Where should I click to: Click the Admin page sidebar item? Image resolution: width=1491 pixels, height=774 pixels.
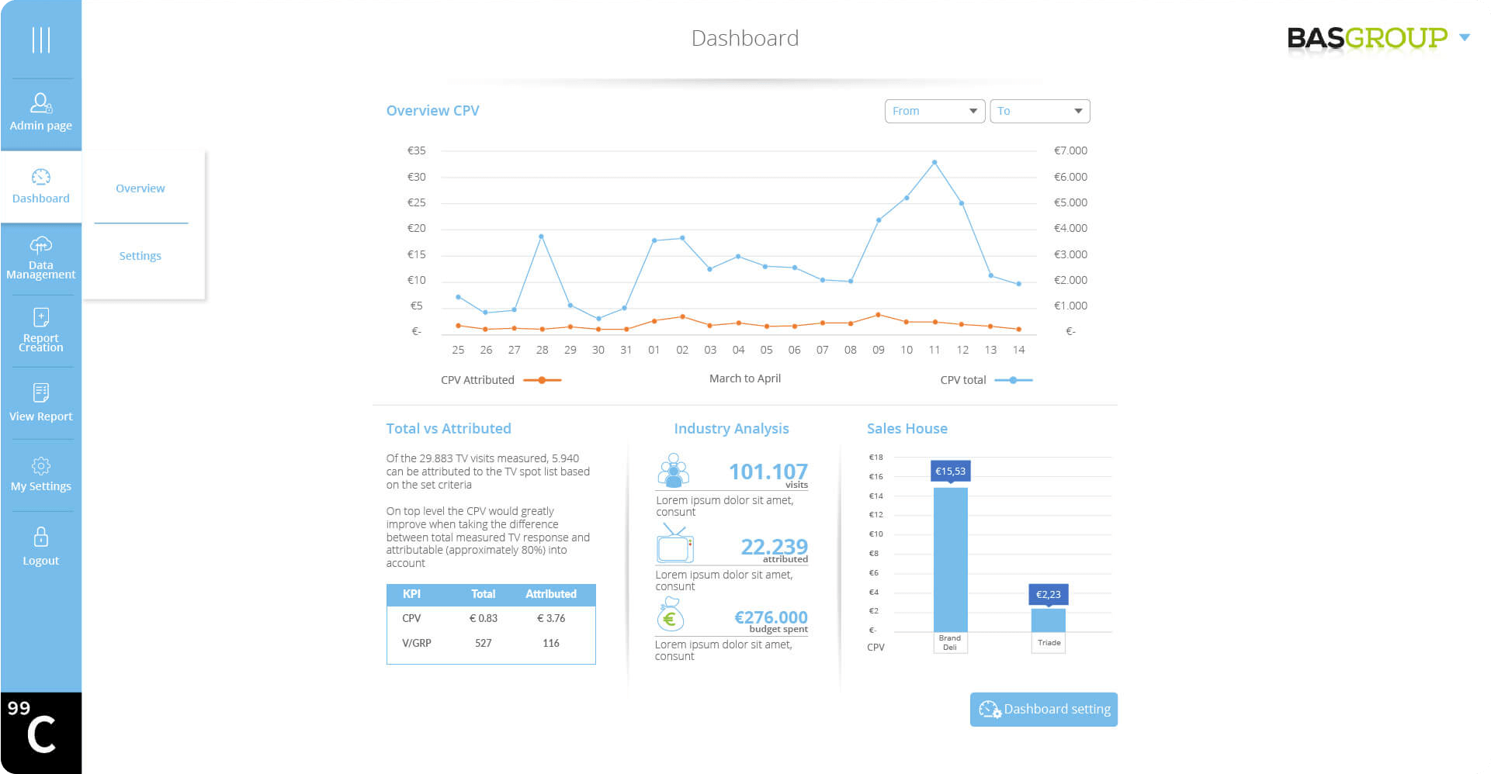[40, 112]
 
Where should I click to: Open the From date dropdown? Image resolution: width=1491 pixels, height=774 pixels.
[934, 111]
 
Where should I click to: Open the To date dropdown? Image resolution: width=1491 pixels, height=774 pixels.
[1039, 111]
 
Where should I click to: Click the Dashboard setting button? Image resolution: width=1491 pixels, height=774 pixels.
[1043, 709]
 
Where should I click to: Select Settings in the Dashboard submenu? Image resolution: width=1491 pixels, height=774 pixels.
[140, 256]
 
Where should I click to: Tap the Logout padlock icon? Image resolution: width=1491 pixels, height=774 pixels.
[41, 537]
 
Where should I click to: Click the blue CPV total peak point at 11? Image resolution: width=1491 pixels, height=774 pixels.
[934, 163]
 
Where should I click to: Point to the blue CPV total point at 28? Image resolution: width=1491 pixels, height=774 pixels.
[541, 237]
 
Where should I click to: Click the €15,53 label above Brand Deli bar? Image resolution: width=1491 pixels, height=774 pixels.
[950, 471]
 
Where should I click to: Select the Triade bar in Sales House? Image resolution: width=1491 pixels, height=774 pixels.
[1048, 620]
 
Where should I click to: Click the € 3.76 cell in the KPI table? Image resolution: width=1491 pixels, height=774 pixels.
[551, 618]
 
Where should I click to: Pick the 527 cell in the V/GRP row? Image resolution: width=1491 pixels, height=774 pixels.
[483, 643]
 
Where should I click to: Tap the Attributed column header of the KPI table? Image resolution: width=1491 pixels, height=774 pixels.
[551, 594]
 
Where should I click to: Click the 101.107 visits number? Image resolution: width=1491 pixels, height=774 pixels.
[768, 472]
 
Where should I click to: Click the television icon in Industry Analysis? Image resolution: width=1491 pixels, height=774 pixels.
[674, 544]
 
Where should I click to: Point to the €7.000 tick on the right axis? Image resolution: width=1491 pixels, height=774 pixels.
[1070, 150]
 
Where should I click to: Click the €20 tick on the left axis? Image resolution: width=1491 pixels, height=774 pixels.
[417, 228]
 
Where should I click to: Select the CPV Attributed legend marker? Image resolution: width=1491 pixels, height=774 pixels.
[542, 380]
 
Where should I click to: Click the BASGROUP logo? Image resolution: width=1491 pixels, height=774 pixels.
[1367, 37]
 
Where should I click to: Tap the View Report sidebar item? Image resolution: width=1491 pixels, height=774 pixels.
[40, 403]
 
